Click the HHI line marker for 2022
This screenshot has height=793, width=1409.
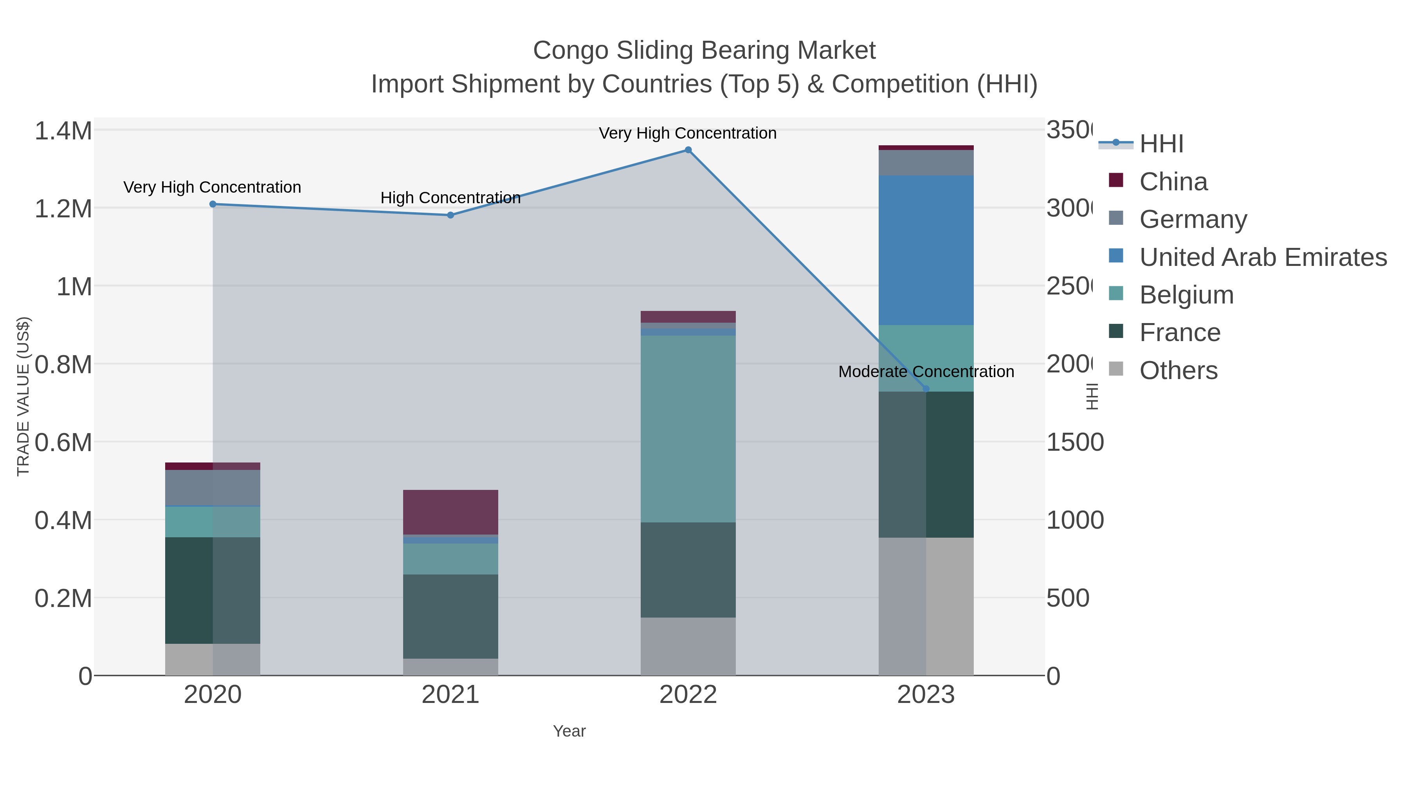point(688,150)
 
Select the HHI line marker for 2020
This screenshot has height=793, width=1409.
point(213,204)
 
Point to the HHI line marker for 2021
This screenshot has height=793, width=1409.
point(450,215)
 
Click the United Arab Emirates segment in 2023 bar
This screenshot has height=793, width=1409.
point(926,250)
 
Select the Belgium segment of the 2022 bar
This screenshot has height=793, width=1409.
point(688,428)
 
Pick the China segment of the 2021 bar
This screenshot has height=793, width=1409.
point(450,512)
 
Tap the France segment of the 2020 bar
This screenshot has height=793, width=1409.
point(213,590)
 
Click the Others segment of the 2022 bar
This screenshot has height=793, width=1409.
point(688,646)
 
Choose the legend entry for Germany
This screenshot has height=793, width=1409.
point(1193,219)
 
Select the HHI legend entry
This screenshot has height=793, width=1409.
point(1161,144)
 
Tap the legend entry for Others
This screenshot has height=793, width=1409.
point(1178,370)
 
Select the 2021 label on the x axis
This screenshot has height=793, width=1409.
point(450,694)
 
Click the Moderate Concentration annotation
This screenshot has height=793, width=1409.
point(926,372)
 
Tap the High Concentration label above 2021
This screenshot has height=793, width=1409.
point(450,198)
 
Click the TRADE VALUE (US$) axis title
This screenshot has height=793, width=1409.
point(23,396)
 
